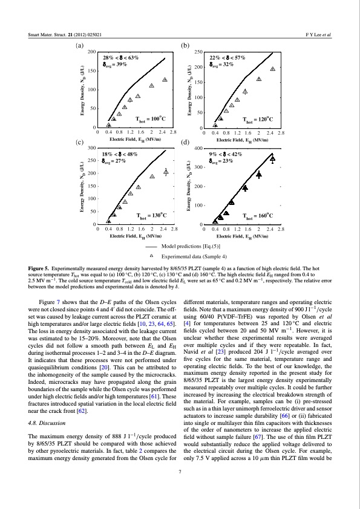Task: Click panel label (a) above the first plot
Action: click(x=79, y=46)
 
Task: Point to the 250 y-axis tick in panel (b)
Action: click(x=197, y=53)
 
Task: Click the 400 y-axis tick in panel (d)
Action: click(x=197, y=148)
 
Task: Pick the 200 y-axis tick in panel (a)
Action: click(x=92, y=53)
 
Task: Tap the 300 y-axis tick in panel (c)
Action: click(x=92, y=148)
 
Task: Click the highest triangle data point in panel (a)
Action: click(x=165, y=80)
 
